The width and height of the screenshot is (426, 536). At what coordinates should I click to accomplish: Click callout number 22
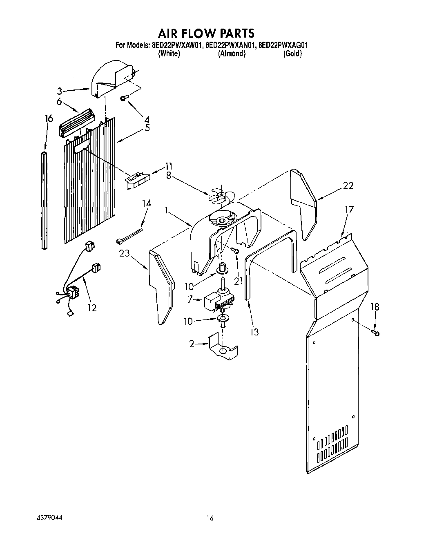pyautogui.click(x=348, y=185)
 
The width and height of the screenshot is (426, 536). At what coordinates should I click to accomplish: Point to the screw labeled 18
pyautogui.click(x=376, y=333)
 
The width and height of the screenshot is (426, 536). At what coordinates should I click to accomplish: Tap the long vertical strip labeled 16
pyautogui.click(x=44, y=200)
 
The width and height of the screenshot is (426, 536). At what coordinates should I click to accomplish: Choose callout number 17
pyautogui.click(x=349, y=209)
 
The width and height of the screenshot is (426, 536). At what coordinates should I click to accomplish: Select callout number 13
pyautogui.click(x=254, y=332)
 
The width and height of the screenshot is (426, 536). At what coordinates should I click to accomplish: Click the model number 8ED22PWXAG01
pyautogui.click(x=283, y=45)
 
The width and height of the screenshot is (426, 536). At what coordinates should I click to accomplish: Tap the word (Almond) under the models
pyautogui.click(x=232, y=54)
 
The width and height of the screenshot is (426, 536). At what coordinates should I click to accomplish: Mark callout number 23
pyautogui.click(x=125, y=254)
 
